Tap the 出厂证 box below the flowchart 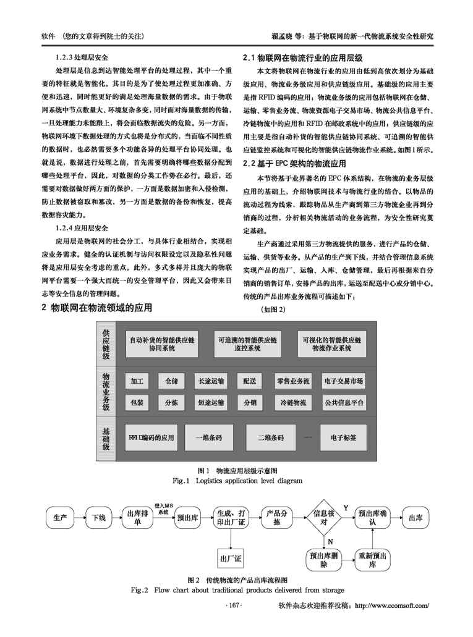(x=231, y=559)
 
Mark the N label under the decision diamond (x=330, y=541)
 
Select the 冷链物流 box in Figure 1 (x=293, y=403)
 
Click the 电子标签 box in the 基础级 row (x=343, y=437)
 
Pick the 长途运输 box (x=210, y=381)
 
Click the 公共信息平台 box (x=344, y=403)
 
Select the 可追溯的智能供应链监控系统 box (x=247, y=344)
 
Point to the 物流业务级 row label (x=106, y=392)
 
